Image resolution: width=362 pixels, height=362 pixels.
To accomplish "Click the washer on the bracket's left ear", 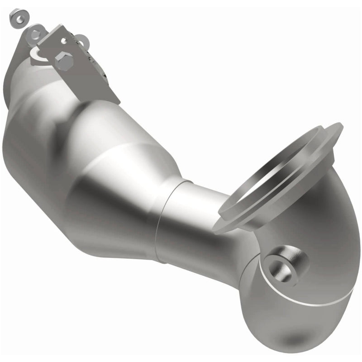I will [35, 33].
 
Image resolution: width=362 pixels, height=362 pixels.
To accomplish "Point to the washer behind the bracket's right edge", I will [82, 42].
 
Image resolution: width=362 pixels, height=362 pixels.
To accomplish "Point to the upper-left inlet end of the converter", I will [18, 90].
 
